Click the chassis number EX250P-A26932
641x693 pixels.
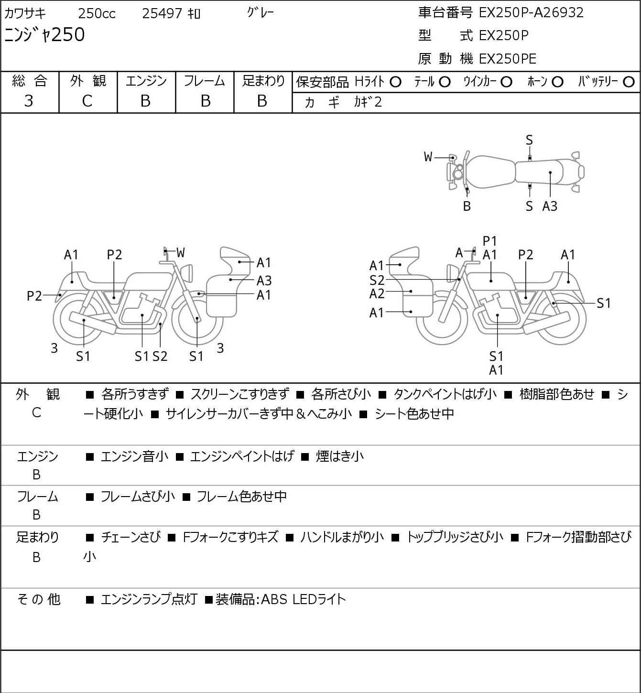531,13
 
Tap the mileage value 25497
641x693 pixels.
162,13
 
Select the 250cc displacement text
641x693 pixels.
97,13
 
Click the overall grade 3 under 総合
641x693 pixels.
29,101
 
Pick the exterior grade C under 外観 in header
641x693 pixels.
87,101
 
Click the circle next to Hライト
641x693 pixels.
395,82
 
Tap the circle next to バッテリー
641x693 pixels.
629,82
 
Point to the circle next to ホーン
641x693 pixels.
557,82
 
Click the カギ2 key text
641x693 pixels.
368,102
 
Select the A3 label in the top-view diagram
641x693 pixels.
550,206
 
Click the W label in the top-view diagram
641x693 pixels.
428,157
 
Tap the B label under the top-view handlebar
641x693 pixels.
467,206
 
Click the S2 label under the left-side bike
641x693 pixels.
160,356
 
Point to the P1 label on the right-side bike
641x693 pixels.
489,241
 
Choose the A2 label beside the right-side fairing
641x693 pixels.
377,294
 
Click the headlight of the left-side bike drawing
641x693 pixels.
187,273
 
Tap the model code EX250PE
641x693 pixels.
507,59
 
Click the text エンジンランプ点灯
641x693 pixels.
149,599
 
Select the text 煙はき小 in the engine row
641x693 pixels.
340,456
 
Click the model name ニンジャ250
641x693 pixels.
44,35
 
